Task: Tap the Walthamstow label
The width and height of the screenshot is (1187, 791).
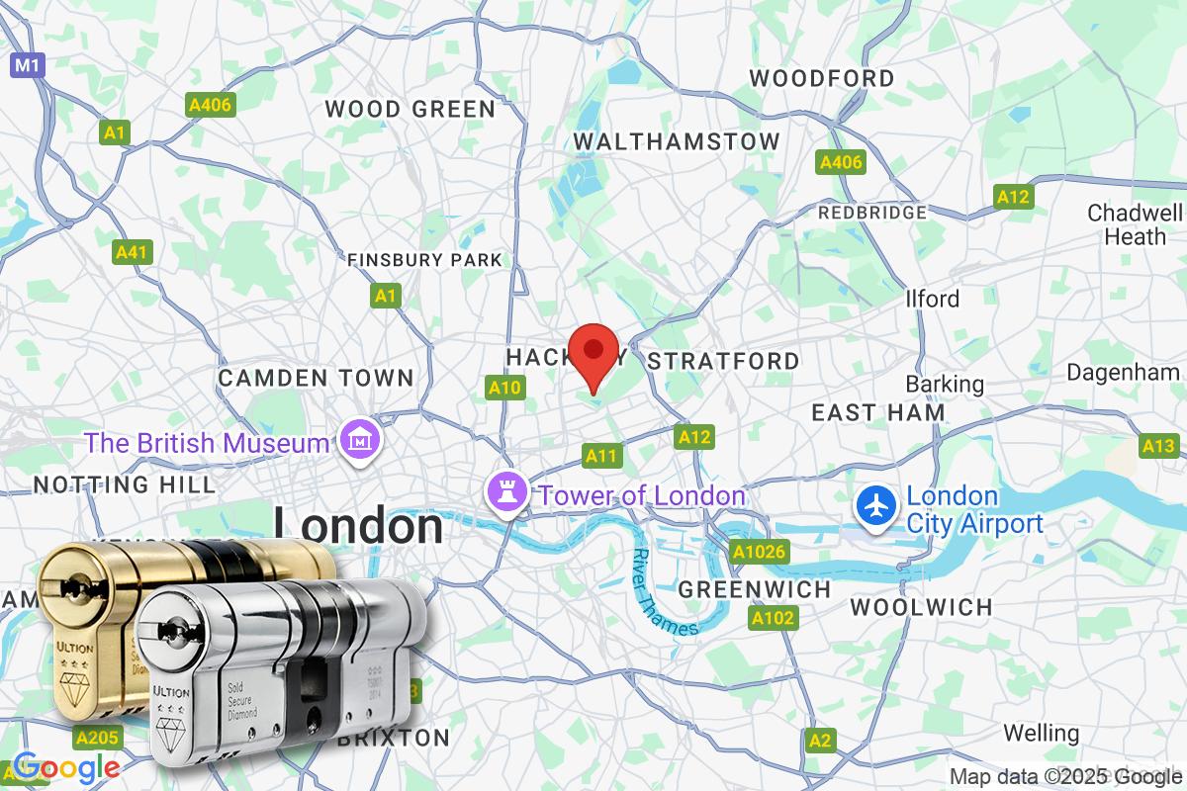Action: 677,141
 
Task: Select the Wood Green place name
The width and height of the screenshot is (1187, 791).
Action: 411,109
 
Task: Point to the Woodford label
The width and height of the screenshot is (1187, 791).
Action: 822,78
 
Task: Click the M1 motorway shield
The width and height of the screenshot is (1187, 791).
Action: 26,65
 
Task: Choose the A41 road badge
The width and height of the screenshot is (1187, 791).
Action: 132,253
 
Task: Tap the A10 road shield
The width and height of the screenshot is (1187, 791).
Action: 504,389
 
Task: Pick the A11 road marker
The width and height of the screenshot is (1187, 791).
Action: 601,456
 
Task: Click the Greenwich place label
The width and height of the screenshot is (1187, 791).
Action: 755,590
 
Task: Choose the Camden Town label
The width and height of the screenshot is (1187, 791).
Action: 316,378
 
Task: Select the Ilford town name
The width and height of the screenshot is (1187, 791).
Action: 932,299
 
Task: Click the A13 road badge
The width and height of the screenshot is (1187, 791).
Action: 1158,447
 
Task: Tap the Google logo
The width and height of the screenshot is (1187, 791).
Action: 66,767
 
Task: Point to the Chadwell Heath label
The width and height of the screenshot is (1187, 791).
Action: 1135,224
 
